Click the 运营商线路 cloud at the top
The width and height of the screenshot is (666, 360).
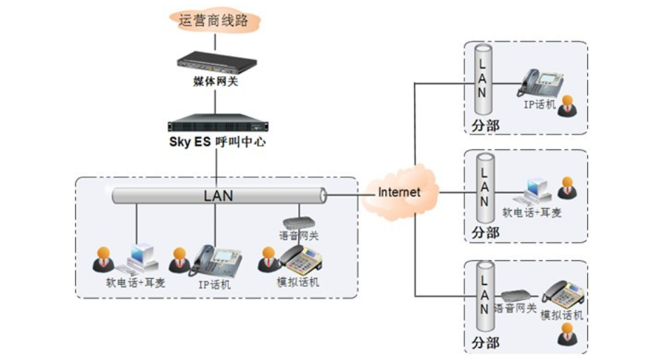pyautogui.click(x=214, y=20)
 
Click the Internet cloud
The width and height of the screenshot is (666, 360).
pyautogui.click(x=400, y=192)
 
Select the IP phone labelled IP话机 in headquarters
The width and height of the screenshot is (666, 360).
pyautogui.click(x=216, y=262)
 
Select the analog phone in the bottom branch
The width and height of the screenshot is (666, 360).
pyautogui.click(x=563, y=293)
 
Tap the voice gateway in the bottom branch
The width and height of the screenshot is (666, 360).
pyautogui.click(x=516, y=294)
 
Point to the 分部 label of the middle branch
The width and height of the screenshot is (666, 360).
pyautogui.click(x=485, y=232)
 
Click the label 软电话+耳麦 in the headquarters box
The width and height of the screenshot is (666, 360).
pyautogui.click(x=135, y=283)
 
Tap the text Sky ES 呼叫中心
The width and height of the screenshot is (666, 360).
pyautogui.click(x=217, y=142)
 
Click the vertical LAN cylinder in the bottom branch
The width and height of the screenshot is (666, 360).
pyautogui.click(x=482, y=297)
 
